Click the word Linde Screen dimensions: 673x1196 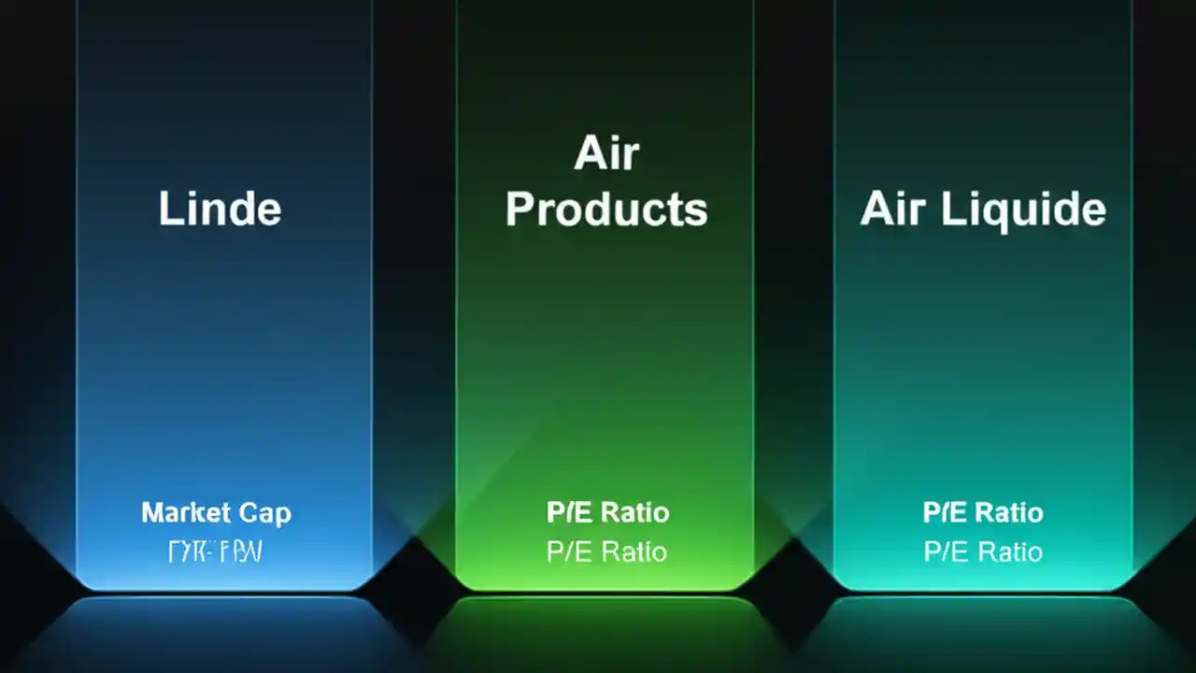220,208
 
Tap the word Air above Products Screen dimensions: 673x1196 606,154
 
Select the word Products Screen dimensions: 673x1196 606,209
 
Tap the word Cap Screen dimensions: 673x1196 264,513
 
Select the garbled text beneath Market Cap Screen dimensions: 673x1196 215,552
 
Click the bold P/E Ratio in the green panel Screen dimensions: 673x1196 607,512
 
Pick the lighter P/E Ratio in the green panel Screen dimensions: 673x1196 607,551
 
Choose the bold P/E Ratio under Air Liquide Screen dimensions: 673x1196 983,512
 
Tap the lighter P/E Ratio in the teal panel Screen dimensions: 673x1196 983,551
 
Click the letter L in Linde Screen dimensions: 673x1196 168,208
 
